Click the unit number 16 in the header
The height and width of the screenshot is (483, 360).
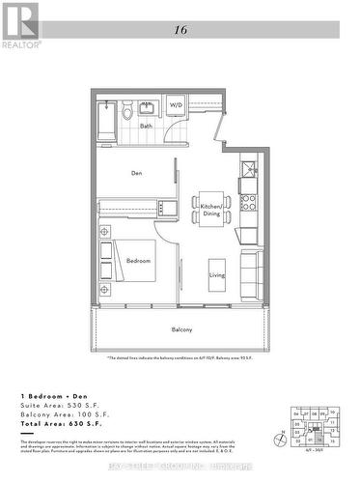pyautogui.click(x=180, y=31)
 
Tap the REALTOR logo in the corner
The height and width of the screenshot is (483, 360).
pyautogui.click(x=19, y=25)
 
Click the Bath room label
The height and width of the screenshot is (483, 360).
pyautogui.click(x=146, y=126)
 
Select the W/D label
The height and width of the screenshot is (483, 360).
pyautogui.click(x=176, y=104)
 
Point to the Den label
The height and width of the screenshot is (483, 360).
pyautogui.click(x=137, y=173)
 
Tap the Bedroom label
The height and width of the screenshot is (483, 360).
pyautogui.click(x=139, y=261)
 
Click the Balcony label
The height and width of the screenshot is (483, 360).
pyautogui.click(x=181, y=330)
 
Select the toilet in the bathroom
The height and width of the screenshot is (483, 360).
pyautogui.click(x=128, y=111)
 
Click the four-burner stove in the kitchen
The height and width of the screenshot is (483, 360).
pyautogui.click(x=247, y=202)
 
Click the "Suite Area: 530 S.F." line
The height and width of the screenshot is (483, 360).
pyautogui.click(x=58, y=406)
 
